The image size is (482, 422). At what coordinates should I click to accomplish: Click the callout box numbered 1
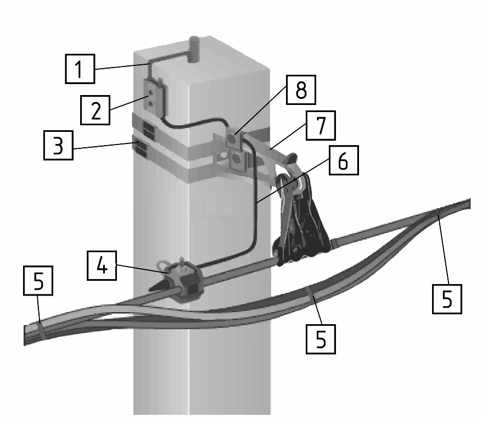(x=80, y=69)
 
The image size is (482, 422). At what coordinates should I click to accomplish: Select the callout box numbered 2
(x=96, y=110)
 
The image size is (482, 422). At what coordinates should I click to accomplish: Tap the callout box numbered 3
(x=58, y=145)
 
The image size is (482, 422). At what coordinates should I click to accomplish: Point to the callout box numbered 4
(x=102, y=265)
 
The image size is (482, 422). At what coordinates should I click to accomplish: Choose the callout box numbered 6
(x=344, y=160)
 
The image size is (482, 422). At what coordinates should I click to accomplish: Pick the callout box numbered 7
(x=321, y=125)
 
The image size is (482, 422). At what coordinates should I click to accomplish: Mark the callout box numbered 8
(x=301, y=90)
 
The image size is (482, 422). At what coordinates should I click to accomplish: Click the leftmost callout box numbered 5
(x=38, y=281)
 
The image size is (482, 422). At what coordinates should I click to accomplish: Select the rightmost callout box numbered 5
(x=447, y=299)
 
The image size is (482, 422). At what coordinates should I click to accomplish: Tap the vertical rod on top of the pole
(x=194, y=49)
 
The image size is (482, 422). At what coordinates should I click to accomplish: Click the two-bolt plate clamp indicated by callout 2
(x=153, y=98)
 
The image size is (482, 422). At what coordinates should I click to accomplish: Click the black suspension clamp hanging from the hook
(x=301, y=221)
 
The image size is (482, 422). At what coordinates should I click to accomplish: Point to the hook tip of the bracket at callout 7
(x=292, y=158)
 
